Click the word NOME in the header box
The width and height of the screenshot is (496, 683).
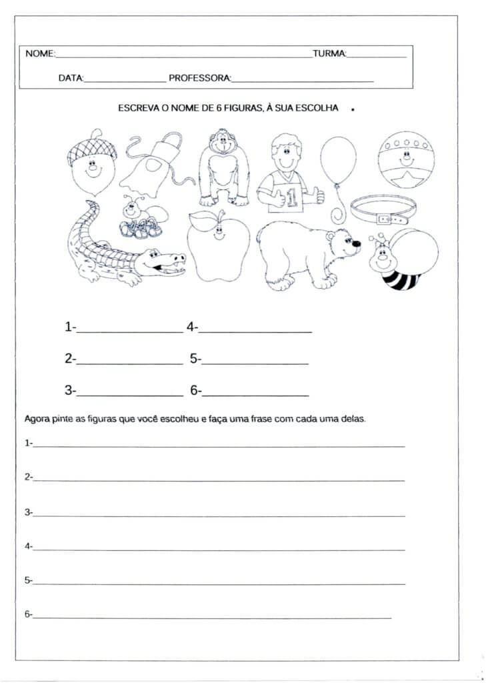pos(39,53)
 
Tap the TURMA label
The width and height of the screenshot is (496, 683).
pos(329,53)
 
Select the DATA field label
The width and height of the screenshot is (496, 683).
pos(70,79)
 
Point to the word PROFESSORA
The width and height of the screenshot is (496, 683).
pos(199,79)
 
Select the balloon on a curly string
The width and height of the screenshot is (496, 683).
pos(338,161)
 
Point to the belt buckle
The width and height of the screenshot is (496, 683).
pos(384,217)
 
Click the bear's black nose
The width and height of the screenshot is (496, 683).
pos(357,243)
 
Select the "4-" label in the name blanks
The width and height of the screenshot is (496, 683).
pos(192,327)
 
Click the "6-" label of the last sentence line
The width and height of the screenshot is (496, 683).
pos(28,614)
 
